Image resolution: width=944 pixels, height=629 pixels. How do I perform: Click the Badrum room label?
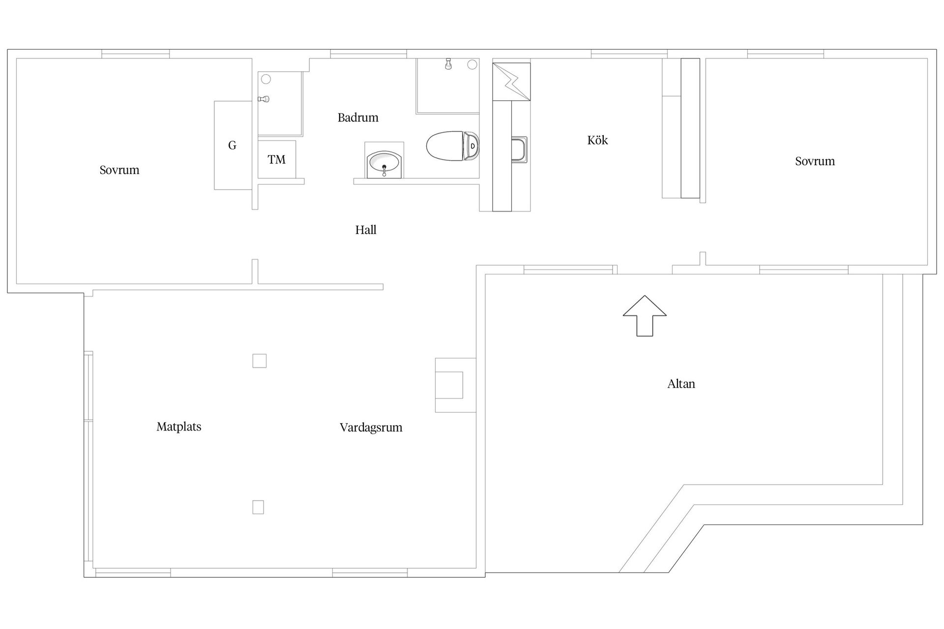tap(358, 118)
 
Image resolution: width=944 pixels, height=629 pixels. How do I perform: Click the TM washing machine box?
tap(277, 160)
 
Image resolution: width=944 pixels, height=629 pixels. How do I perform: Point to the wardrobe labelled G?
tap(233, 145)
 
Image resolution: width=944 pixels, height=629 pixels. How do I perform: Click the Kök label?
tap(597, 141)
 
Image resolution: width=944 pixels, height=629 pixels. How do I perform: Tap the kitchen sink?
tap(519, 149)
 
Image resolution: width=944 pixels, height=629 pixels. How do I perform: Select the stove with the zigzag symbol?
tap(511, 81)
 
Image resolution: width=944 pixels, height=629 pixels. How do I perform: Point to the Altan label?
tap(681, 384)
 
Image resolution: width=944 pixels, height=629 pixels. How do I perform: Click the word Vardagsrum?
tap(371, 428)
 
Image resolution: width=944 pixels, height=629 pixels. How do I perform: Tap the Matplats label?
tap(179, 427)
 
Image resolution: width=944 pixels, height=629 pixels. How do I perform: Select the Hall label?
tap(366, 230)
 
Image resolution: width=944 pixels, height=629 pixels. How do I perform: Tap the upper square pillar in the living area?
tap(260, 361)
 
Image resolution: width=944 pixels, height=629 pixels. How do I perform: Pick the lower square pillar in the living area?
tap(258, 507)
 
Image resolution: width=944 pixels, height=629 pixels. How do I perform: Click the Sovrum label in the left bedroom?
tap(119, 170)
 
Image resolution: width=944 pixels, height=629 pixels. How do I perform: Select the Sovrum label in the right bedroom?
tap(815, 161)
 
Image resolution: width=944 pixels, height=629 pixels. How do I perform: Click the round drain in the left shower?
tap(266, 79)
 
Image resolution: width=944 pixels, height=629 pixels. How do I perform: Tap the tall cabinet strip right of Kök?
tap(690, 128)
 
